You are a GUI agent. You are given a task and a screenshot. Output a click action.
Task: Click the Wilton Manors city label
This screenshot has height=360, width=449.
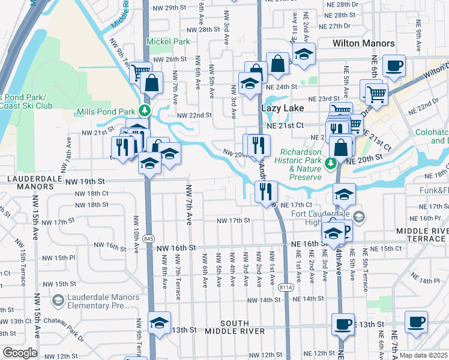(364, 43)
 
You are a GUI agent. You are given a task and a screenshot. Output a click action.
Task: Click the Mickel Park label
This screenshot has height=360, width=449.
(170, 41)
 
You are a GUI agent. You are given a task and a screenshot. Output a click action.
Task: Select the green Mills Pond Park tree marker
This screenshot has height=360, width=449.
(144, 110)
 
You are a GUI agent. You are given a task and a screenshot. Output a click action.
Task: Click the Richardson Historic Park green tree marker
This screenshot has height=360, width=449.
(330, 163)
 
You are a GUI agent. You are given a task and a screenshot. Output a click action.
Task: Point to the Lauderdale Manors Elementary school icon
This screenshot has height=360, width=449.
(58, 299)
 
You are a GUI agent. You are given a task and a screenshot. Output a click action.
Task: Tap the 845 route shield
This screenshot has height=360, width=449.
(148, 239)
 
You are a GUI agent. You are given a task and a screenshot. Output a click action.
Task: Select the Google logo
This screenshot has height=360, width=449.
(20, 353)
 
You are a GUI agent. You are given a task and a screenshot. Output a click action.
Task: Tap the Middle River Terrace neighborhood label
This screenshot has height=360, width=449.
(422, 235)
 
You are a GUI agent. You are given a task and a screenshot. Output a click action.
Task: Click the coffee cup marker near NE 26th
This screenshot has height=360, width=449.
(394, 65)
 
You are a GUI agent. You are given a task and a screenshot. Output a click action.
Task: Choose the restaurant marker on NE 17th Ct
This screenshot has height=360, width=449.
(265, 191)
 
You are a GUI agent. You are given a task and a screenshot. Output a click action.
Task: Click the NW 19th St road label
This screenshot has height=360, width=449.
(85, 181)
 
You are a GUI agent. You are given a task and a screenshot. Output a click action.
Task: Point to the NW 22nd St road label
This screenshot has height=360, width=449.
(194, 115)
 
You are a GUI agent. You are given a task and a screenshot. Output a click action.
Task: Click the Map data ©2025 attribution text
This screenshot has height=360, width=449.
(423, 355)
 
